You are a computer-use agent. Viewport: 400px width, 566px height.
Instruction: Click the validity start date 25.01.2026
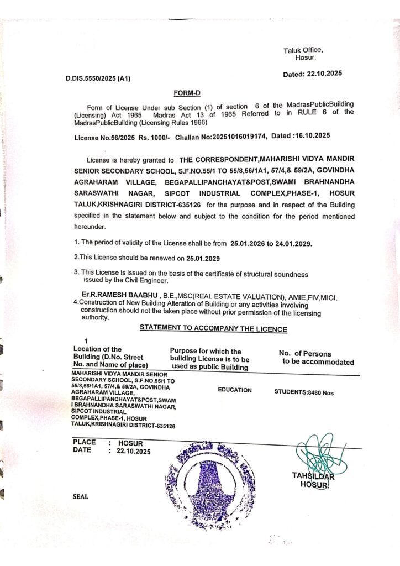point(247,243)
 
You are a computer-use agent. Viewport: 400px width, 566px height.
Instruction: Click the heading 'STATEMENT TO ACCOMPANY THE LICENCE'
point(213,328)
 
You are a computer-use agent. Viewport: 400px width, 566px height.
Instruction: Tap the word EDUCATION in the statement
point(235,390)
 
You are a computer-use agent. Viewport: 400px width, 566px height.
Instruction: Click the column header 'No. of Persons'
point(305,354)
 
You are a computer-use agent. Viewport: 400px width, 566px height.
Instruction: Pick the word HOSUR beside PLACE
point(131,443)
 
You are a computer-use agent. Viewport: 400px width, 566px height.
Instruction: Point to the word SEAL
point(81,496)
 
